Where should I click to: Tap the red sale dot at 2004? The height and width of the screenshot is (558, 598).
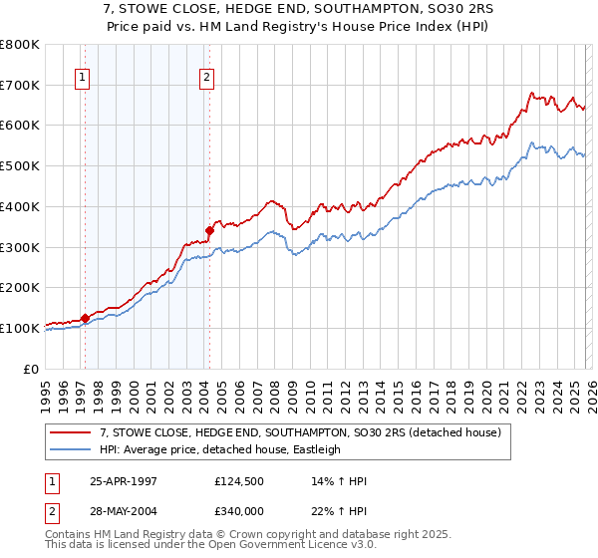209,230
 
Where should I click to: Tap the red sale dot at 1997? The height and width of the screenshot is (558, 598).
86,318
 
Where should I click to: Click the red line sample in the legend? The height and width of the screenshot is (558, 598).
71,432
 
